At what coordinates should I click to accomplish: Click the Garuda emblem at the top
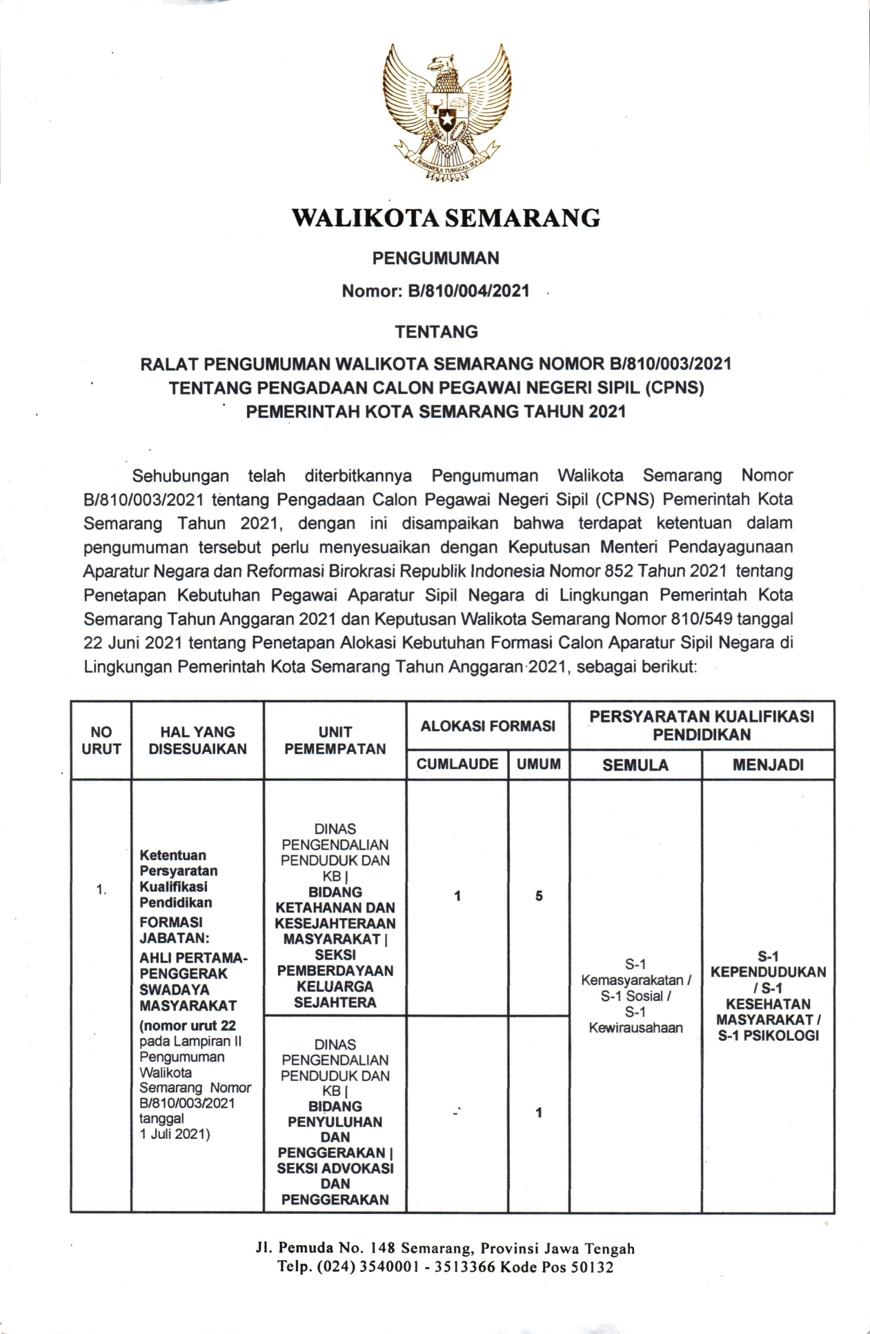(x=446, y=112)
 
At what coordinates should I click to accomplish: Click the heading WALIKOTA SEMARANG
(x=446, y=218)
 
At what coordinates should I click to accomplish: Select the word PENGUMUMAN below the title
(x=435, y=258)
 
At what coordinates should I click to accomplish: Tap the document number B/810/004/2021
(x=468, y=291)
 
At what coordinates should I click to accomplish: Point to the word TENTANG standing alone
(x=436, y=332)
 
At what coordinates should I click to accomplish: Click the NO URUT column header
(x=101, y=740)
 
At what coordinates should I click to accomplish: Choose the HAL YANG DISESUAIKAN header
(x=197, y=740)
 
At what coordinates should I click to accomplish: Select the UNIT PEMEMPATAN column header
(x=335, y=740)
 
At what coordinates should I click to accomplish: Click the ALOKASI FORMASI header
(x=488, y=726)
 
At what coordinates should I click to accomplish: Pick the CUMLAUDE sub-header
(x=457, y=764)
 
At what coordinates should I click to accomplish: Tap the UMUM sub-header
(x=539, y=764)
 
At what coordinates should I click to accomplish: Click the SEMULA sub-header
(x=635, y=765)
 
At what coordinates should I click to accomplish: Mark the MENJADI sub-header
(x=768, y=765)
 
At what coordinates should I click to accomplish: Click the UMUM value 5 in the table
(x=539, y=896)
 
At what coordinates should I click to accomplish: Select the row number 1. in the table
(x=101, y=890)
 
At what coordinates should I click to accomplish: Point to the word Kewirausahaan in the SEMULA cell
(x=635, y=1028)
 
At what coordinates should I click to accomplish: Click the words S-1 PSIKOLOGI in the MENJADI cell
(x=768, y=1035)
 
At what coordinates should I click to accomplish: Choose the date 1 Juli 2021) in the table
(x=175, y=1134)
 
